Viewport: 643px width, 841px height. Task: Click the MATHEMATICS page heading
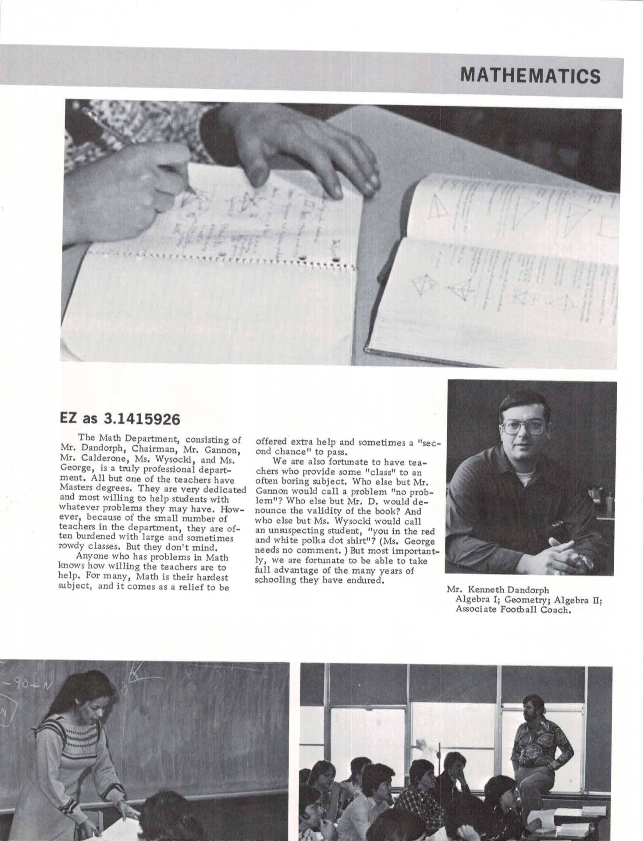[530, 76]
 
